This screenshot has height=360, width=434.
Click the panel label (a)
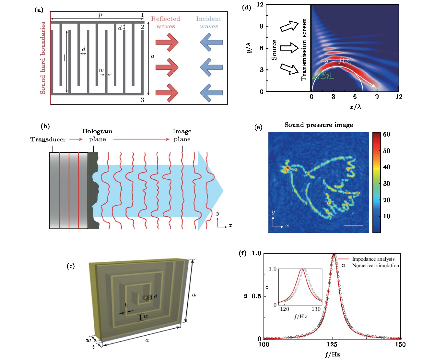[x=39, y=10]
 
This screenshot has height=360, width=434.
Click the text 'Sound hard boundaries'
[x=43, y=58]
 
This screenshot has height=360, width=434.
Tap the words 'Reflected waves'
[x=166, y=23]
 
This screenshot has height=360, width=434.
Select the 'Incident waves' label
[x=209, y=23]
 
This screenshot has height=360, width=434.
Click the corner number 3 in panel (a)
[x=142, y=100]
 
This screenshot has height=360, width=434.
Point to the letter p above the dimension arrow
[x=100, y=15]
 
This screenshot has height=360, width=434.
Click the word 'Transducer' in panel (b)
[x=48, y=139]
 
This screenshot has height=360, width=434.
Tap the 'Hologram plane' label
[x=97, y=135]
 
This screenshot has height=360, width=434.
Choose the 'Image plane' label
[x=182, y=135]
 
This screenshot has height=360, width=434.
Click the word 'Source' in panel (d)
[x=274, y=50]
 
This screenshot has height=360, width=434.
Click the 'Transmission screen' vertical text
[x=304, y=49]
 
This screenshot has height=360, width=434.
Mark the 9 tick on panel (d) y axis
[x=262, y=26]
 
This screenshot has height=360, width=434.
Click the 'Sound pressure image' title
[x=319, y=125]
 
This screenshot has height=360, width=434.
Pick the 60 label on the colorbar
[x=386, y=134]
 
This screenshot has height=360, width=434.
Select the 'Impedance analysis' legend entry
[x=373, y=259]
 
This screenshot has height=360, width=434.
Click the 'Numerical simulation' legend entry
[x=376, y=265]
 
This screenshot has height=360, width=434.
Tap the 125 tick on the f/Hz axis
[x=332, y=344]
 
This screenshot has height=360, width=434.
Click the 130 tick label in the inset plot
[x=316, y=309]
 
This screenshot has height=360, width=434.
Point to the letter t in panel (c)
[x=94, y=347]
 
